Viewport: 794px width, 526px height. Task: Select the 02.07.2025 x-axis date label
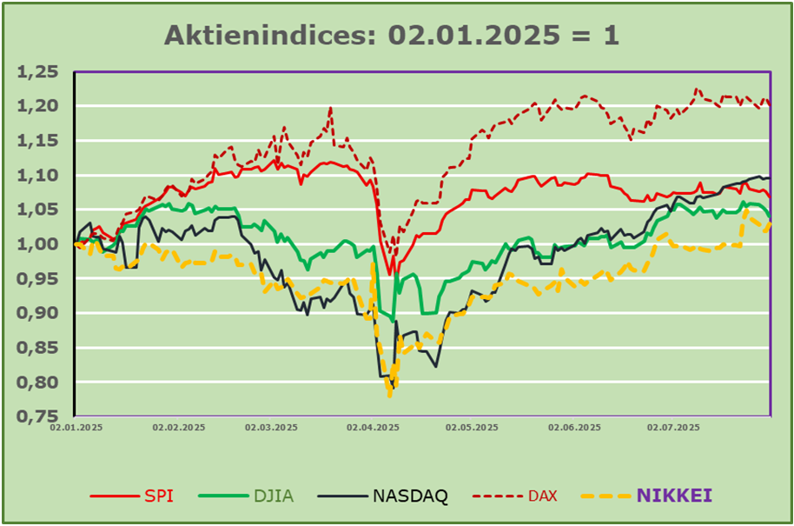pos(673,428)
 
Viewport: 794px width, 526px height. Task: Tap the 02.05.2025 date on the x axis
pos(472,428)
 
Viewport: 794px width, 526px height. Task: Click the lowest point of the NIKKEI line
pos(390,396)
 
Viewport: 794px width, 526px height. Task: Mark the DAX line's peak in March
pos(331,108)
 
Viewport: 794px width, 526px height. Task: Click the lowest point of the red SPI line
pos(391,274)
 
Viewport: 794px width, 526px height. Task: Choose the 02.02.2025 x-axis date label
pos(179,428)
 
